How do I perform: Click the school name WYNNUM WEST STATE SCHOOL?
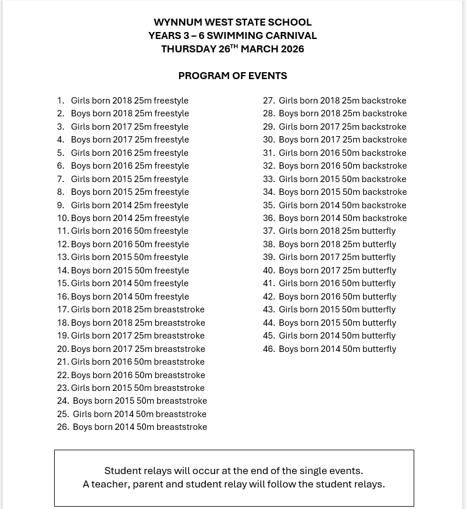[x=233, y=23]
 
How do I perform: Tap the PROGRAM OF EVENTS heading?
[x=233, y=76]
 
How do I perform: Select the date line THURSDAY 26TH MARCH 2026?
[x=233, y=49]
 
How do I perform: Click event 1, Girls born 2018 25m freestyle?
[x=129, y=101]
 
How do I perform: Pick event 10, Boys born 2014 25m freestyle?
[x=129, y=218]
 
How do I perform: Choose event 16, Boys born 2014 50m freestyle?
[x=129, y=297]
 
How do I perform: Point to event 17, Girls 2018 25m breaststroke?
[x=137, y=309]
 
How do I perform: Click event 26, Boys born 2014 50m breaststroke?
[x=140, y=427]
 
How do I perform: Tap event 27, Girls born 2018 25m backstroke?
[x=342, y=101]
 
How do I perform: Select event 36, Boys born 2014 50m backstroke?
[x=342, y=218]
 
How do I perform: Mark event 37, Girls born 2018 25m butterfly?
[x=337, y=231]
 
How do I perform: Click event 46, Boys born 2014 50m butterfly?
[x=337, y=349]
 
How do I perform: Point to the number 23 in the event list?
[x=63, y=388]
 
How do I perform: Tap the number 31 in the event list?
[x=269, y=153]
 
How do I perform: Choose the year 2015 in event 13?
[x=122, y=257]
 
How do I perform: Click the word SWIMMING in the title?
[x=233, y=35]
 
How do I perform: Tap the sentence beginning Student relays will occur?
[x=233, y=471]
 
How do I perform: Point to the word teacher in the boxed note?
[x=108, y=484]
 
